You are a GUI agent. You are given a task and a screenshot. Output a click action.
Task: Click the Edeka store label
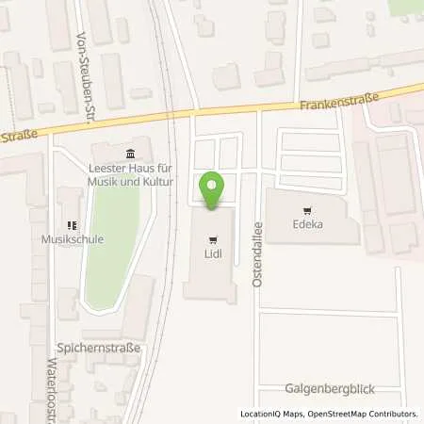coord(305,225)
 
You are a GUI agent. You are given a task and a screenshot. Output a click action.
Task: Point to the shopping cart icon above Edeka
coord(305,211)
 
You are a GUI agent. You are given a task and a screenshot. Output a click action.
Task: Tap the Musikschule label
coord(73,239)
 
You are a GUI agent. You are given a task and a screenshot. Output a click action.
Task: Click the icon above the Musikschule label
coord(72,225)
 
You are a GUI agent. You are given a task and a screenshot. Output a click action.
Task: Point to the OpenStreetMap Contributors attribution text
coord(359,414)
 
